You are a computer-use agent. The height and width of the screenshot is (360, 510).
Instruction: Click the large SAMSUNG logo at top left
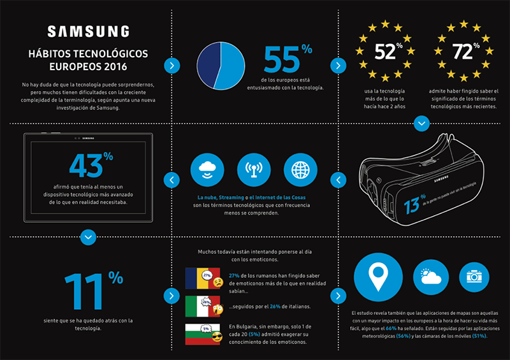[88, 31]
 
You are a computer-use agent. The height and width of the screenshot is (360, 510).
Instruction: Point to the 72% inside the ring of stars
[463, 52]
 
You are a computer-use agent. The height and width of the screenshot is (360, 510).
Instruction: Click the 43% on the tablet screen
[87, 166]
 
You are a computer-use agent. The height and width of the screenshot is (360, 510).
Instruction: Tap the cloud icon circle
[208, 170]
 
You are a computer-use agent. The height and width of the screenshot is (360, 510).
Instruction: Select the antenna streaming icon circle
[254, 170]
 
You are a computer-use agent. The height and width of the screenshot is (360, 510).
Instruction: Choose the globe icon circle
[300, 170]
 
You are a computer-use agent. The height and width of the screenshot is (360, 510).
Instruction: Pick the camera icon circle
[473, 277]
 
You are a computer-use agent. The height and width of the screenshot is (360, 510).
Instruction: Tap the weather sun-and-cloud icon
[429, 277]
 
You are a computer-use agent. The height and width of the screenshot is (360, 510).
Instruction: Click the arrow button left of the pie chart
[171, 65]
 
